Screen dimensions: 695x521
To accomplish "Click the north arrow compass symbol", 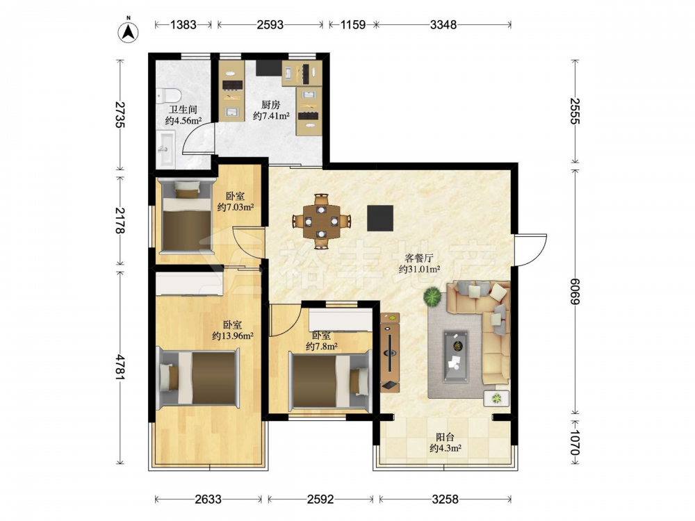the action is pyautogui.click(x=128, y=31).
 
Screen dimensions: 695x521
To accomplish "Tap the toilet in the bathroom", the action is pyautogui.click(x=168, y=94).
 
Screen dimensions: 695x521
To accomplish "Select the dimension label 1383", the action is pyautogui.click(x=183, y=25).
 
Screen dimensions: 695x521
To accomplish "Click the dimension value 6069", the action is pyautogui.click(x=575, y=292).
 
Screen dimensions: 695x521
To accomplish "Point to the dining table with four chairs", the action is pyautogui.click(x=321, y=221).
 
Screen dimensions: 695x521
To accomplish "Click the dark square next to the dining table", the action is pyautogui.click(x=380, y=218).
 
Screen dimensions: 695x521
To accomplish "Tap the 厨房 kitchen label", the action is pyautogui.click(x=270, y=105).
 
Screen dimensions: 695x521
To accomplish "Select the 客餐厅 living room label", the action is pyautogui.click(x=418, y=258).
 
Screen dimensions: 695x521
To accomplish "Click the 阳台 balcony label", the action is pyautogui.click(x=445, y=437).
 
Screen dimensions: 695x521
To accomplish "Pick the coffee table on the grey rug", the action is pyautogui.click(x=456, y=356).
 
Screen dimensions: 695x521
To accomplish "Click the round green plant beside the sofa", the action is pyautogui.click(x=432, y=297).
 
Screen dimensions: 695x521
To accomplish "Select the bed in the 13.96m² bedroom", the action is pyautogui.click(x=199, y=377).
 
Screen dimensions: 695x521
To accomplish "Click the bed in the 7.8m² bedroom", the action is pyautogui.click(x=329, y=380).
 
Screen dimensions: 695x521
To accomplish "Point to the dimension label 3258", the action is pyautogui.click(x=445, y=499).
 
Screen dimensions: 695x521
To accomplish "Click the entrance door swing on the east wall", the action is pyautogui.click(x=530, y=251).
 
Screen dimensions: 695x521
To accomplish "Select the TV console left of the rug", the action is pyautogui.click(x=390, y=353).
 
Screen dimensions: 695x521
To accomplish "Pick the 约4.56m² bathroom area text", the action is pyautogui.click(x=183, y=120).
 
